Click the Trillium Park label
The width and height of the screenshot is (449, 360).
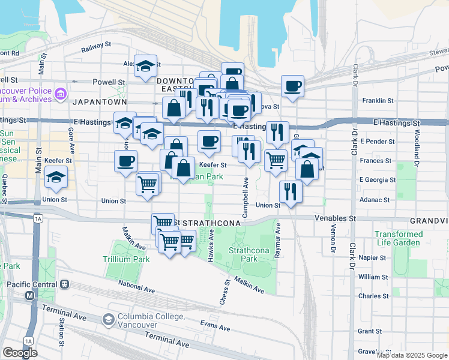[x=126, y=259]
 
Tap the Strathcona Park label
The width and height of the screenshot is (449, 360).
[x=244, y=254]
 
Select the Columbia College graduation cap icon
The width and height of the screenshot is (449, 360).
[x=108, y=320]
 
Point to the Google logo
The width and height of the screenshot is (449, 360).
[x=20, y=353]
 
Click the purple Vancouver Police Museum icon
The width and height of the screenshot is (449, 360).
[x=60, y=94]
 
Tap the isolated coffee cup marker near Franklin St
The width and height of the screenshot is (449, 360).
[x=293, y=86]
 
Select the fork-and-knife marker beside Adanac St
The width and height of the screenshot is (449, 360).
[x=291, y=191]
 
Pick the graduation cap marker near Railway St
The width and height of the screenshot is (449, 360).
[x=145, y=67]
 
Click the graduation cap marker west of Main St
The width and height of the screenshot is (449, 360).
[x=56, y=177]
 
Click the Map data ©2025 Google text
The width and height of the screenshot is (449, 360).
[x=411, y=355]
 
